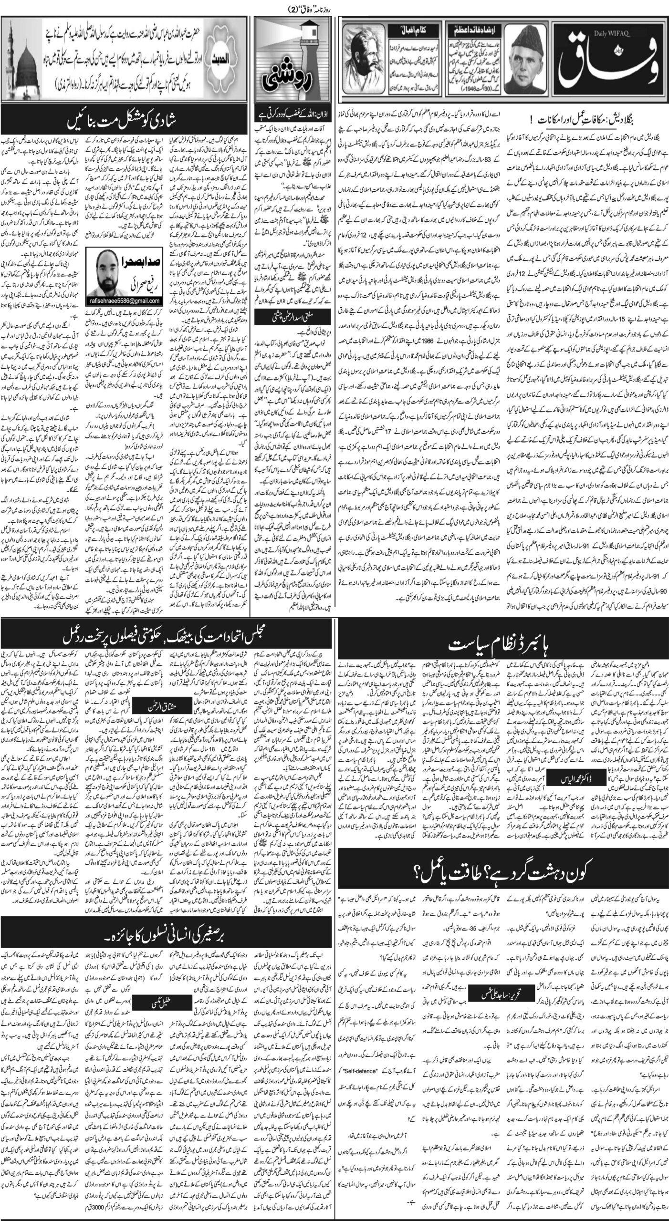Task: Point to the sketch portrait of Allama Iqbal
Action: pos(363,65)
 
